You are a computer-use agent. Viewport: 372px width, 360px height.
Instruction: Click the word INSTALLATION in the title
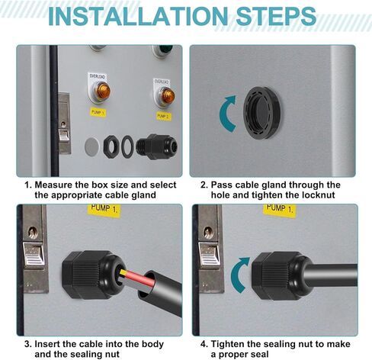[x=138, y=16]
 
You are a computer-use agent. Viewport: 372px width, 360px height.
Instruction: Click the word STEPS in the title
[x=276, y=16]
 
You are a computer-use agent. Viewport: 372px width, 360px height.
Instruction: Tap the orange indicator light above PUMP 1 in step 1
[x=103, y=91]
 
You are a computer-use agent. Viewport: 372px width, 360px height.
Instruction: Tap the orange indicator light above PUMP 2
[x=168, y=95]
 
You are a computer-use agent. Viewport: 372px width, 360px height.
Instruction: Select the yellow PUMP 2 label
[x=164, y=116]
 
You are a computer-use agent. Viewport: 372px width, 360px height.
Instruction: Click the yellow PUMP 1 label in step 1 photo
[x=98, y=112]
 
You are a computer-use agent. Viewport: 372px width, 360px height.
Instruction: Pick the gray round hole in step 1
[x=91, y=146]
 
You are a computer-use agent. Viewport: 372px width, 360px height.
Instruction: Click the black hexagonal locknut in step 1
[x=111, y=146]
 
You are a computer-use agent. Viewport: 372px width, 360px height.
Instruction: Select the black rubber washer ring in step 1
[x=127, y=146]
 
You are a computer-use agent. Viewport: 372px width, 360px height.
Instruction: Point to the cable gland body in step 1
[x=156, y=146]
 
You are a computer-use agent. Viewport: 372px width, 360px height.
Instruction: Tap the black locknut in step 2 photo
[x=262, y=113]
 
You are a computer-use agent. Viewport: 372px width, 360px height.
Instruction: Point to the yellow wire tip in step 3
[x=122, y=272]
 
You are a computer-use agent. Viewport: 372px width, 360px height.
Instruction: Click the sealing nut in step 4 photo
[x=276, y=275]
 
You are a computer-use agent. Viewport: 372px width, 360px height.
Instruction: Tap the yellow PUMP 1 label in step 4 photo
[x=280, y=209]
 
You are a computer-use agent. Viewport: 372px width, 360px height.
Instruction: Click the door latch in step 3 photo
[x=34, y=249]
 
